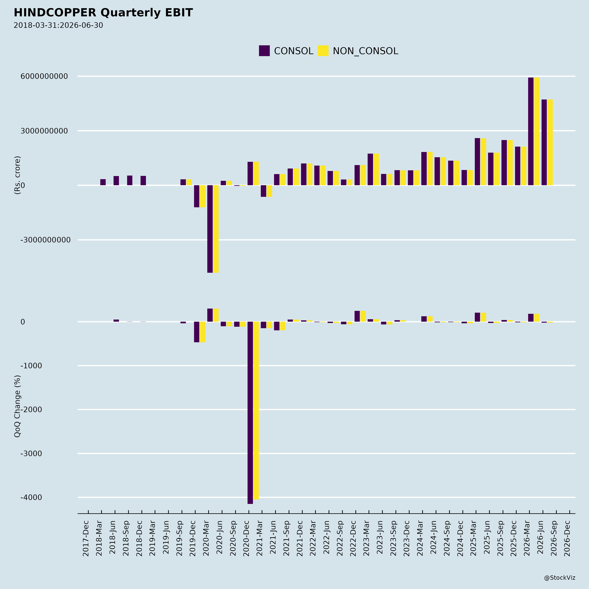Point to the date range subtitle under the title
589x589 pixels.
(58, 25)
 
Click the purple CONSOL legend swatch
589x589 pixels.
(264, 51)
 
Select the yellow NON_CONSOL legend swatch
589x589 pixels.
(323, 51)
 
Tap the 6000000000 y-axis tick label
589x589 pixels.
(44, 76)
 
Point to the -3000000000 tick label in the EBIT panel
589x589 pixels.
(45, 240)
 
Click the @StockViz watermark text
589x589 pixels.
(560, 578)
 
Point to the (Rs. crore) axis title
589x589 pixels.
(17, 175)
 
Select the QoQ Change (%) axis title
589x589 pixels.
(17, 406)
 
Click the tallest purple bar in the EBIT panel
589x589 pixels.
(531, 131)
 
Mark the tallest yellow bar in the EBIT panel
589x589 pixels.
(537, 131)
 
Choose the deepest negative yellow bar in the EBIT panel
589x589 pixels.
(216, 229)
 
